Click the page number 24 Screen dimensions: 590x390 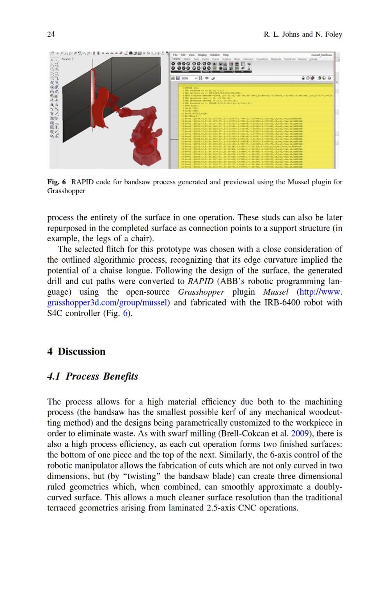(x=51, y=34)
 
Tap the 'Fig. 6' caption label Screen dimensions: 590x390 (x=57, y=182)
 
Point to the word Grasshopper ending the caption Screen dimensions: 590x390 (x=66, y=191)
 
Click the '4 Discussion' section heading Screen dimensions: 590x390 (x=76, y=352)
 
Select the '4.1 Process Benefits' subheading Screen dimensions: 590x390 (x=92, y=376)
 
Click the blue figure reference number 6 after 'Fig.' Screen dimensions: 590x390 (x=126, y=313)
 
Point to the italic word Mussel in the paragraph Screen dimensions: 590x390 (x=276, y=292)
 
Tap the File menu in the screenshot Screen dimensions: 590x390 (x=175, y=55)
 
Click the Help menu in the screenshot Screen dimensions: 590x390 (x=226, y=55)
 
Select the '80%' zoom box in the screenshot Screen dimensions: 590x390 (x=185, y=78)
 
